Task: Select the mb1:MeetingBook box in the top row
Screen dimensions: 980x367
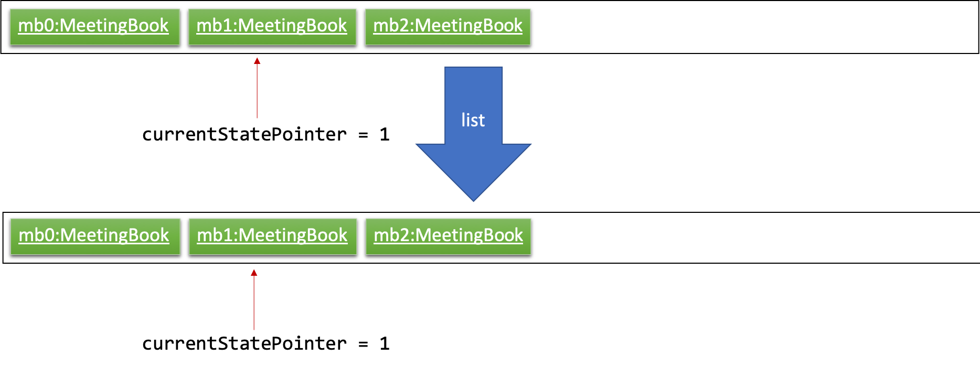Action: [272, 27]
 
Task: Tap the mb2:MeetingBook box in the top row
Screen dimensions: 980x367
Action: [448, 27]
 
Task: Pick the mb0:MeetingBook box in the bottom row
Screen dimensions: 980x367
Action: [95, 236]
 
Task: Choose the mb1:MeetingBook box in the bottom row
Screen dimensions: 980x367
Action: [273, 236]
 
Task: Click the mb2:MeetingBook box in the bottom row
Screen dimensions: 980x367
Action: [448, 236]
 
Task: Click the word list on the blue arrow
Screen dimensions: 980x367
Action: [473, 120]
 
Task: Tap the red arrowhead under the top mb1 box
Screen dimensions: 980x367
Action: [257, 61]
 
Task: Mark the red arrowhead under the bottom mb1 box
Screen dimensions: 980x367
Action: [254, 273]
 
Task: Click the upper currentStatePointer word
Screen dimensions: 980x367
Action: [244, 135]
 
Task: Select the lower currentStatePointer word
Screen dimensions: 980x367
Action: [244, 344]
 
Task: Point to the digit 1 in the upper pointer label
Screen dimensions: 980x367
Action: [385, 134]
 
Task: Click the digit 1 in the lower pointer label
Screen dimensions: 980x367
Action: [385, 343]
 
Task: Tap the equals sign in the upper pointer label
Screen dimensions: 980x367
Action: [363, 135]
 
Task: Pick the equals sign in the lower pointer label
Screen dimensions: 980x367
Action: [363, 344]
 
